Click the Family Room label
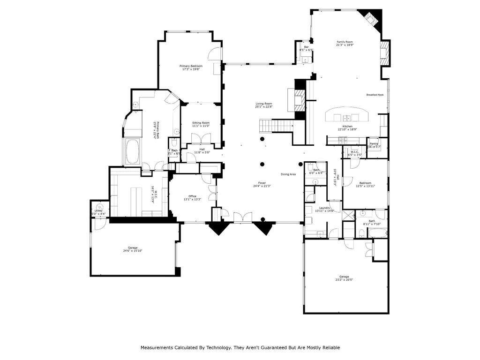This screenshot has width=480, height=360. click(x=344, y=42)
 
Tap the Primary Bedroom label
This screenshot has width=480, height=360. click(x=191, y=66)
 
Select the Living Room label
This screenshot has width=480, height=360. click(x=263, y=104)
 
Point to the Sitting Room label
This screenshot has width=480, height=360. click(x=201, y=123)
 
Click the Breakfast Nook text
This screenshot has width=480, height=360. click(x=375, y=95)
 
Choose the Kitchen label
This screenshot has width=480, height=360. click(x=347, y=126)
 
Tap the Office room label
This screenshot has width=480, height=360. click(x=192, y=196)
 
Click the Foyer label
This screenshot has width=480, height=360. click(x=262, y=183)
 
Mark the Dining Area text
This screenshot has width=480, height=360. click(x=288, y=174)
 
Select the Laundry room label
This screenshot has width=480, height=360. click(x=324, y=208)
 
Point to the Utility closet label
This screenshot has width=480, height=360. click(x=98, y=211)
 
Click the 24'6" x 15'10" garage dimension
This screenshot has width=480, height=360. click(x=133, y=251)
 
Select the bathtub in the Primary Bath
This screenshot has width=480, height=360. click(x=132, y=152)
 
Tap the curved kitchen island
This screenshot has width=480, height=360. click(x=347, y=114)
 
